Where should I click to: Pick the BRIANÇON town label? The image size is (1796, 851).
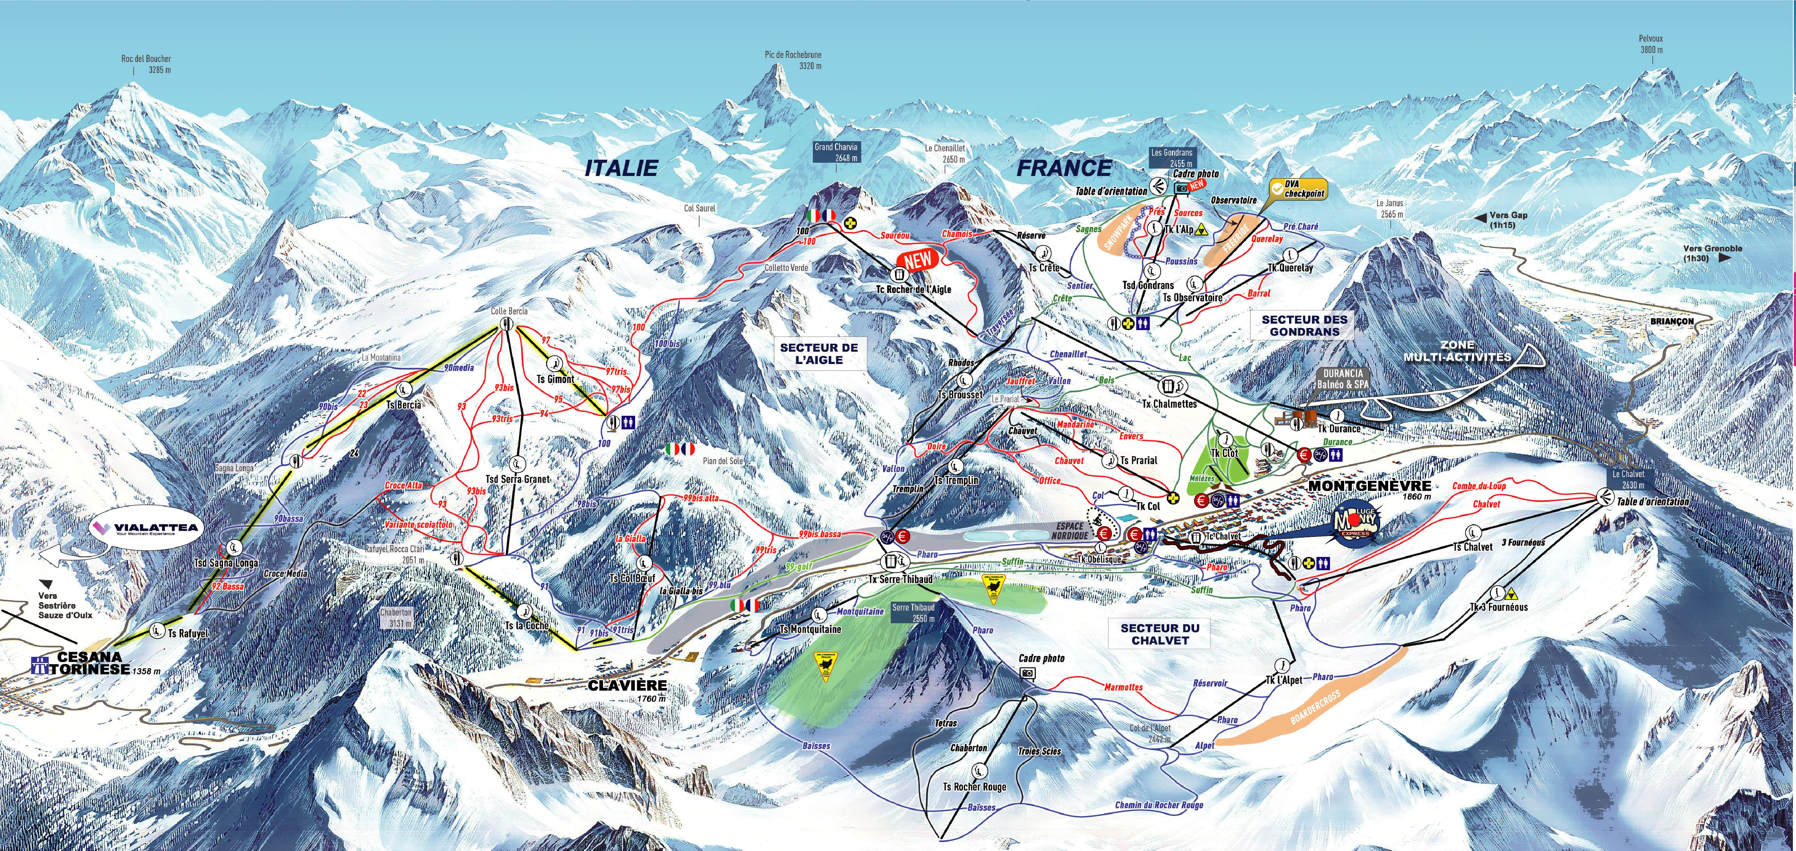click(x=1672, y=321)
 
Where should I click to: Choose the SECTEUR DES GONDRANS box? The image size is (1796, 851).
click(x=1304, y=325)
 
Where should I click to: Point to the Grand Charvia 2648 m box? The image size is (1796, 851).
click(x=836, y=152)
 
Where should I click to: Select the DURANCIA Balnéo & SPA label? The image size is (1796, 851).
click(x=1342, y=379)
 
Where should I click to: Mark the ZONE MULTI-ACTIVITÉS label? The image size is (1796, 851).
click(x=1457, y=351)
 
